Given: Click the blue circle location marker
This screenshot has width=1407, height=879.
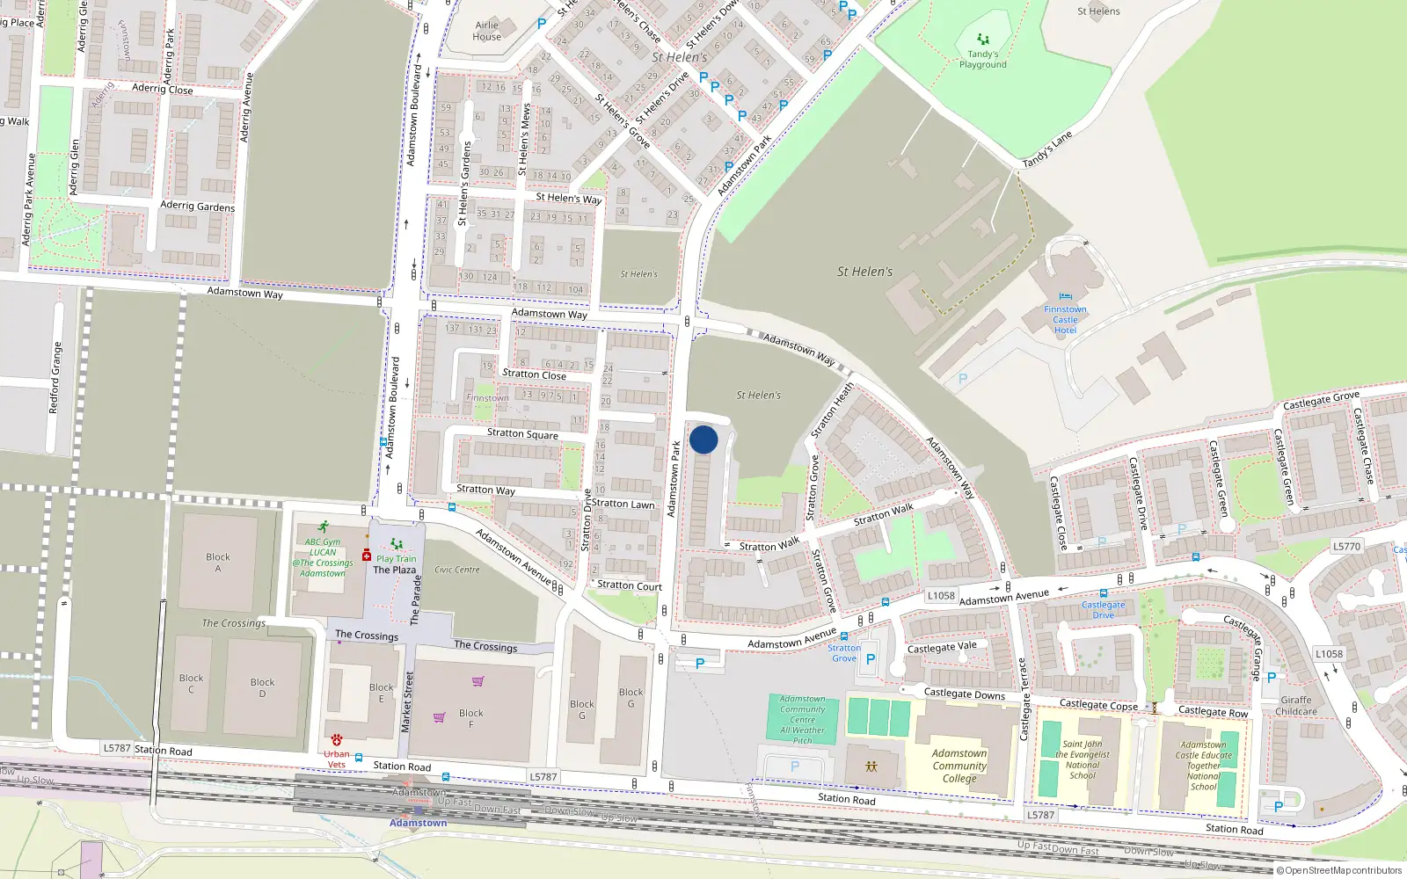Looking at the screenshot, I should (703, 439).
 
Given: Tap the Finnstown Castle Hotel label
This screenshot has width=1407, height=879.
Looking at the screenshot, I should (1065, 320).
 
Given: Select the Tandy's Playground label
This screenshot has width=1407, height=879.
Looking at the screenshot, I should (982, 59).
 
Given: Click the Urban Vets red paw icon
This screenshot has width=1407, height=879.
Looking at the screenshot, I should (336, 740).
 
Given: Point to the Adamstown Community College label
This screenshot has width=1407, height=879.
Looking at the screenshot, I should (959, 766).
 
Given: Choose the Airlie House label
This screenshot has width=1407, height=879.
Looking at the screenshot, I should (486, 31).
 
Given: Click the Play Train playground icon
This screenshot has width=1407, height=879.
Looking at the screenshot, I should (396, 545).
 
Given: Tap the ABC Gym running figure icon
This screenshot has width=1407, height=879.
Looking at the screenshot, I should (324, 527).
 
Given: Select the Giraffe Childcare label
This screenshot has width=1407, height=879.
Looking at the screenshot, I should (1296, 706).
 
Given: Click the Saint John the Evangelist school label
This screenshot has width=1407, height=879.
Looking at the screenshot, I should (1083, 759).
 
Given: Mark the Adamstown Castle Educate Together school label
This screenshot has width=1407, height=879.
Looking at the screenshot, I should (1203, 765).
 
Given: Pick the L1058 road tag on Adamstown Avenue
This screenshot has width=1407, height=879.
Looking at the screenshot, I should (941, 595).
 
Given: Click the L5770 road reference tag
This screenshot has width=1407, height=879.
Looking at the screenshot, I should (1346, 546).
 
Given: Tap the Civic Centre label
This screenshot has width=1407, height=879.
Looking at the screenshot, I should (457, 570).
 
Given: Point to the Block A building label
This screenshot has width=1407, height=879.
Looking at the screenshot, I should (218, 563).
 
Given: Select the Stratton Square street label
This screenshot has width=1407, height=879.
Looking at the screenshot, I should (522, 433).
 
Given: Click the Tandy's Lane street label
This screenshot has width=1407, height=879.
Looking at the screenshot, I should (1047, 150).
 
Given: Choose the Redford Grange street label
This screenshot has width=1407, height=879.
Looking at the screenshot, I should (56, 378).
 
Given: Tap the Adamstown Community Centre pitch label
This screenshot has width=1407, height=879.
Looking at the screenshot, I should (802, 719).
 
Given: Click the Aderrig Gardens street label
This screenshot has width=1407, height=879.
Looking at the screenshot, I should (198, 207).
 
